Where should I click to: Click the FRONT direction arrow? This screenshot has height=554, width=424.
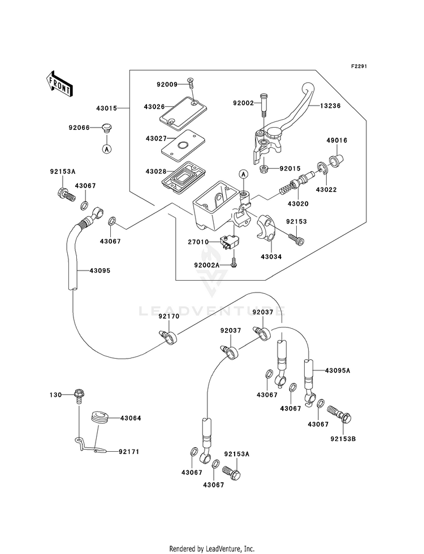point(59,84)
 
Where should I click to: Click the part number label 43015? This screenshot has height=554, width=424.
point(106,108)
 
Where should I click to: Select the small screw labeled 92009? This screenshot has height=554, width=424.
point(192,84)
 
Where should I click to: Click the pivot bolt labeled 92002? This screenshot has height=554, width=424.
point(263,103)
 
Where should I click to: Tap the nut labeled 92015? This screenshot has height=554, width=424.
point(263,169)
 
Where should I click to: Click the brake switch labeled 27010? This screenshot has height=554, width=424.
point(227,243)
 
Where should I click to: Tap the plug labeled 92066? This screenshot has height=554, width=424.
point(106,128)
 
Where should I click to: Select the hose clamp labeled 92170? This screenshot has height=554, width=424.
point(168,337)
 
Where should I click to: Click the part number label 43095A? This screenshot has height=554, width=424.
point(338,370)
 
